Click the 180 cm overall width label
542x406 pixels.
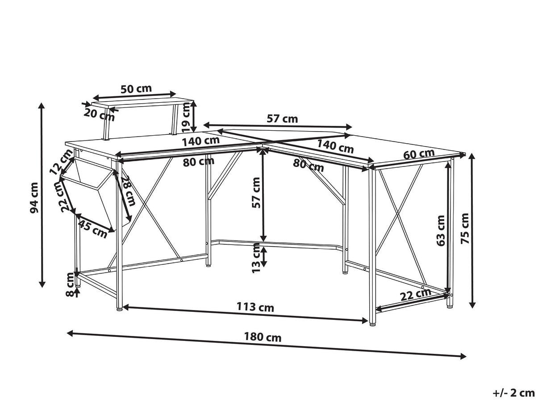(x=263, y=337)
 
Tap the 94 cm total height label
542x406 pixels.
(x=34, y=198)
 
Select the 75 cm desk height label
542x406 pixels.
(x=465, y=228)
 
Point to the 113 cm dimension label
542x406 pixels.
(x=255, y=307)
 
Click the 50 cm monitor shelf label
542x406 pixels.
(x=136, y=88)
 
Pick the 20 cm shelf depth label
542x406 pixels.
(x=99, y=115)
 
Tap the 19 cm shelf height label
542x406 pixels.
(x=186, y=117)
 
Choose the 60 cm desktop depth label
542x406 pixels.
(x=419, y=154)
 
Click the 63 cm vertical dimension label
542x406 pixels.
(x=441, y=231)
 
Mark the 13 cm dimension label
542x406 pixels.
(x=256, y=258)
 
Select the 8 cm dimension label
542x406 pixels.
(x=70, y=284)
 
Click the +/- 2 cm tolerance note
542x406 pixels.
(x=514, y=393)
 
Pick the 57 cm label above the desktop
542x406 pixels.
(x=282, y=119)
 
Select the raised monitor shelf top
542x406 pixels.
(x=142, y=104)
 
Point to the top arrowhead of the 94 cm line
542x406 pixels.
(x=42, y=106)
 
